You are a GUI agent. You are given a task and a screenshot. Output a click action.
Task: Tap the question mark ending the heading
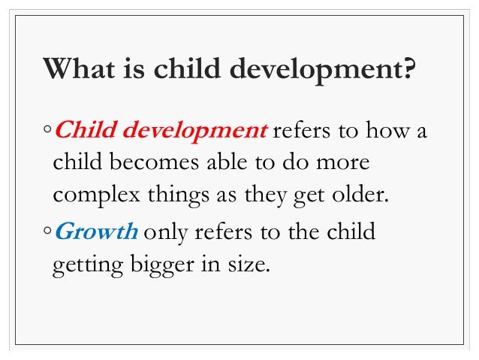pos(407,70)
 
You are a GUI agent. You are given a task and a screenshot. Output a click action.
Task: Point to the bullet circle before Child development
pos(47,132)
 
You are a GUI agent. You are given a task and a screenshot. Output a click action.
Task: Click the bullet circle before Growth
pos(47,233)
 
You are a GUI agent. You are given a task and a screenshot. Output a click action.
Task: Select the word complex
pos(92,197)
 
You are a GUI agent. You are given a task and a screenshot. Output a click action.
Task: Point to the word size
pos(247,266)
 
